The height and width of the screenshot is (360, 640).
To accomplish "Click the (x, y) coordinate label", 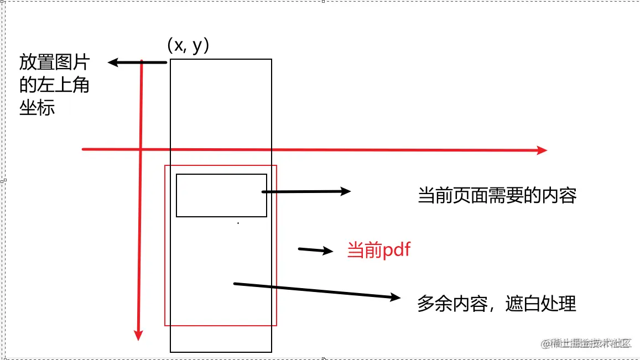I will (188, 46).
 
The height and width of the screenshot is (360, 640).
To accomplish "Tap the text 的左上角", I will (54, 85).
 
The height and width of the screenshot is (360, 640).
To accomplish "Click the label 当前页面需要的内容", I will (497, 196).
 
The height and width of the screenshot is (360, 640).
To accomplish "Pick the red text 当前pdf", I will (379, 251).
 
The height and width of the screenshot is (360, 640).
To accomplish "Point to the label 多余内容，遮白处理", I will (497, 304).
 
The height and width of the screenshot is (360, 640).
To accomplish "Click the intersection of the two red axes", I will (141, 149).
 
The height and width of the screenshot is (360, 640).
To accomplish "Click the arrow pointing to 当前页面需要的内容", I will (307, 191).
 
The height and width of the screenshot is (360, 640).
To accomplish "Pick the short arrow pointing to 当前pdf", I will (316, 250).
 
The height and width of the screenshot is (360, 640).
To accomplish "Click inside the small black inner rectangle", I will (221, 195).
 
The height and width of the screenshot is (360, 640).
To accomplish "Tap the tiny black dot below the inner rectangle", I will (238, 223).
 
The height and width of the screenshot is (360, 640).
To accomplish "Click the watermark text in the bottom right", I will (587, 343).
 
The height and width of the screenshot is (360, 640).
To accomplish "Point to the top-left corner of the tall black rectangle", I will (170, 59).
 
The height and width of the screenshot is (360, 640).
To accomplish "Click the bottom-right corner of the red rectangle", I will (276, 325).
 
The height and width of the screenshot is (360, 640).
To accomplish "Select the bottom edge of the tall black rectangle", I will (221, 352).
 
